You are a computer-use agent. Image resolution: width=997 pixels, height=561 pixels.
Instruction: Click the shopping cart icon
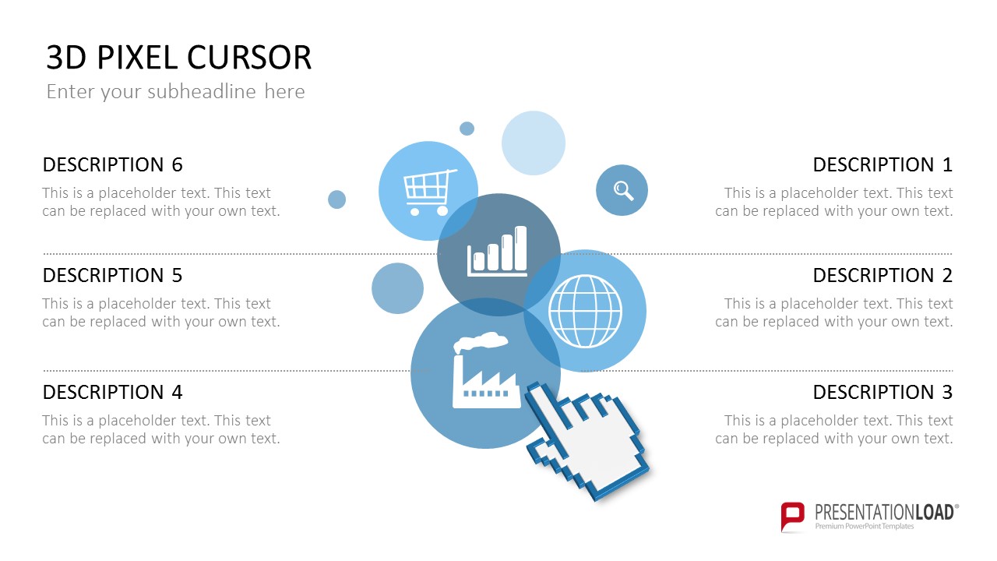point(429,192)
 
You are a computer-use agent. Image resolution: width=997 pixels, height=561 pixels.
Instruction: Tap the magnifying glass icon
point(623,191)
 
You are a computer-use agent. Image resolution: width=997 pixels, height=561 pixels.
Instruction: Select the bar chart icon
point(497,252)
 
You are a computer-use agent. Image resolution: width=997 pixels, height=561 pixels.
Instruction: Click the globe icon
point(585,311)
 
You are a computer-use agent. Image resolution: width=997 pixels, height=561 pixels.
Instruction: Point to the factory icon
point(485,370)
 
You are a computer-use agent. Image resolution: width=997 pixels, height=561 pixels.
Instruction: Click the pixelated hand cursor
point(587,441)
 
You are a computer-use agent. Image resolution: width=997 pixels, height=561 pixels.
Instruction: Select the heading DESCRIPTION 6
point(113,164)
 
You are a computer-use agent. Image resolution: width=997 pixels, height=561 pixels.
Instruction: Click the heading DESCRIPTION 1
point(883,164)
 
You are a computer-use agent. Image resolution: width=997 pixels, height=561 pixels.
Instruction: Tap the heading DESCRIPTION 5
point(113,275)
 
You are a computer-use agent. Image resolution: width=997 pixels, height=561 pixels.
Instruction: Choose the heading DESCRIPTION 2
point(883,275)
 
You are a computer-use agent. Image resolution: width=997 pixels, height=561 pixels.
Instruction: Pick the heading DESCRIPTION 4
point(113,392)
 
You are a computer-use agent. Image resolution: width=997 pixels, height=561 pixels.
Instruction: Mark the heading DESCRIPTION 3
point(883,392)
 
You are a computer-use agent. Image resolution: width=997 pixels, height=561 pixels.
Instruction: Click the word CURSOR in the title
point(249,58)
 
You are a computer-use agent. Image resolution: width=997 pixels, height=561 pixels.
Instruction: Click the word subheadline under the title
point(201,91)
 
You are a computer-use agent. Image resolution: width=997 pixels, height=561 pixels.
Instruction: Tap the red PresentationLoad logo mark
point(792,517)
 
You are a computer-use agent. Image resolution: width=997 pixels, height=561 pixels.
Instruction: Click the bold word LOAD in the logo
point(934,513)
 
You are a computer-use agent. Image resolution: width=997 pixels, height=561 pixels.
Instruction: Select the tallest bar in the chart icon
point(520,248)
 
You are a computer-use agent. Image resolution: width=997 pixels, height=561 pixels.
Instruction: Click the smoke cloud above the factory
point(480,342)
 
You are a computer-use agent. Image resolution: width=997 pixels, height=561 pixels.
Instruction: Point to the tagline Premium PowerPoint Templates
point(865,526)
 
